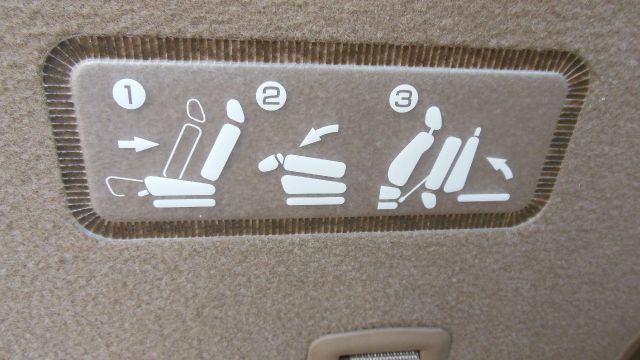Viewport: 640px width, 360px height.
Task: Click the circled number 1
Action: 129,94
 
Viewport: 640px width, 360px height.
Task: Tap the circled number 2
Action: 271,96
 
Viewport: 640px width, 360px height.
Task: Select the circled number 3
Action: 404,98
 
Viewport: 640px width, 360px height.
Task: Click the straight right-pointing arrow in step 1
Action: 138,144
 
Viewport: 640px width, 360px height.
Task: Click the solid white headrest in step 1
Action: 236,110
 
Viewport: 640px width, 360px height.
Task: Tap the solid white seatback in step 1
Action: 221,152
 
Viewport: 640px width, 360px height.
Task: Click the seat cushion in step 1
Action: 180,186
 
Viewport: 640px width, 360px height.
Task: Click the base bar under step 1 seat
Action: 184,203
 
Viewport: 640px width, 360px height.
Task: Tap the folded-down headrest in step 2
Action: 269,163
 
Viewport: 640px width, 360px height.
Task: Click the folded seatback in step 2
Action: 314,166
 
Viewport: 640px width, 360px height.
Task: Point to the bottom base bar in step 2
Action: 316,201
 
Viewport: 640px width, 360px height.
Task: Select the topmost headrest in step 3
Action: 433,118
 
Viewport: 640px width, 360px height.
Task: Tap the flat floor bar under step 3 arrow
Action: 484,198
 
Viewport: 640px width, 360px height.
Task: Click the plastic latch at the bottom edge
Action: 379,345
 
